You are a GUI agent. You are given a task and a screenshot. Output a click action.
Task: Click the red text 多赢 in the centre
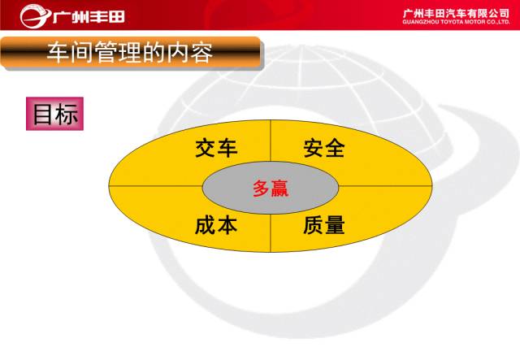(271, 189)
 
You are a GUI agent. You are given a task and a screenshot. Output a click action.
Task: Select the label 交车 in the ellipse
(216, 149)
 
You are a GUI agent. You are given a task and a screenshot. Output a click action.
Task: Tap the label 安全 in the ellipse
(324, 149)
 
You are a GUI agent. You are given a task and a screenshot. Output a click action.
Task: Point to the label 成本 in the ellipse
(216, 225)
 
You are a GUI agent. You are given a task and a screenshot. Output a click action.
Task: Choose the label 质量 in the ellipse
(324, 225)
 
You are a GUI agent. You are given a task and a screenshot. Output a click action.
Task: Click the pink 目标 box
(54, 114)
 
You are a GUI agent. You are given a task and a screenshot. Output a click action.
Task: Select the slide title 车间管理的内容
(130, 53)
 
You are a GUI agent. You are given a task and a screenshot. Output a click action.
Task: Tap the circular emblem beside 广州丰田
(34, 16)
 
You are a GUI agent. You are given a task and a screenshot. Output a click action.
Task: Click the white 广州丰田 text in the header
(89, 16)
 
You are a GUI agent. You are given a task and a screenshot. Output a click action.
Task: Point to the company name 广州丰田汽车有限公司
(456, 14)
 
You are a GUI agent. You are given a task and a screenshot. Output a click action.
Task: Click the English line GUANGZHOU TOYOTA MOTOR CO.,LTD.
(456, 22)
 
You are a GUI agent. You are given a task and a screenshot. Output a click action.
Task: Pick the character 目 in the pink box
(42, 114)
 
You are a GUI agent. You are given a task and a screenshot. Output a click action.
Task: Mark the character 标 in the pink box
(67, 114)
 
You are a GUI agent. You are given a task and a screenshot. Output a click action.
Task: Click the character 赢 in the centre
(279, 189)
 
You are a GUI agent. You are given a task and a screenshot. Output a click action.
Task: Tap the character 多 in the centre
(261, 189)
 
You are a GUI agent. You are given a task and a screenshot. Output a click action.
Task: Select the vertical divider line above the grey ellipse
(271, 141)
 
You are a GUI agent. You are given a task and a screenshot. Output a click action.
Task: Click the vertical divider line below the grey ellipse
(271, 233)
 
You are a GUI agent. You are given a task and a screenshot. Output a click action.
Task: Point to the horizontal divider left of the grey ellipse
(155, 186)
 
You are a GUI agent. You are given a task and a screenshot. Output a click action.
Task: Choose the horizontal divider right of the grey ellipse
(385, 186)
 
